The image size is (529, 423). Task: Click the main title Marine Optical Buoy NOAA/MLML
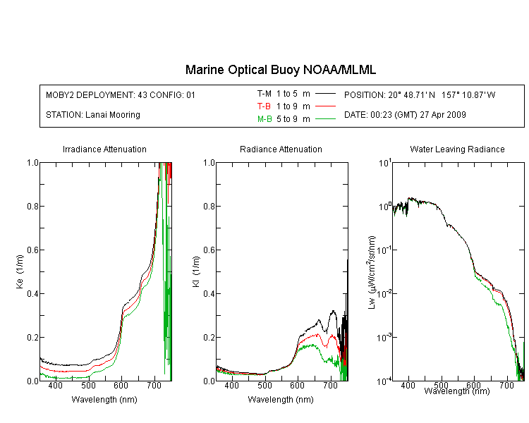click(280, 70)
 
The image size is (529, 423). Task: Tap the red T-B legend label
click(264, 106)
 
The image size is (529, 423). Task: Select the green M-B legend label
click(264, 119)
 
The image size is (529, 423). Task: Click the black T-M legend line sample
click(325, 94)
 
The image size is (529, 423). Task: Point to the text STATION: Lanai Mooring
click(93, 115)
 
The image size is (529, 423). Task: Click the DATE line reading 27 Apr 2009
click(405, 115)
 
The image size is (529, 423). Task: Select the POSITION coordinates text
click(420, 94)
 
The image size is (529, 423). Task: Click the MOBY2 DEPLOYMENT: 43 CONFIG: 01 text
click(121, 94)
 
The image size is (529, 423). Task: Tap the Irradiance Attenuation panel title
click(104, 149)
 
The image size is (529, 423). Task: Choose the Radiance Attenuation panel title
click(281, 149)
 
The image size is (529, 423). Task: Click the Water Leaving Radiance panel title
click(457, 149)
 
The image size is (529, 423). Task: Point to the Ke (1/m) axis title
click(20, 271)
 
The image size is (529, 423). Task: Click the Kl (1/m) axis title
click(196, 271)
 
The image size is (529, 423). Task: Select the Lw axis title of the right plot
click(372, 272)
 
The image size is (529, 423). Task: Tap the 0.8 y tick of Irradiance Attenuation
click(32, 206)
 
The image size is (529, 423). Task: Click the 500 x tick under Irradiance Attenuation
click(88, 385)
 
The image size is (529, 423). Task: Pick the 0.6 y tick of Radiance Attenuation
click(209, 250)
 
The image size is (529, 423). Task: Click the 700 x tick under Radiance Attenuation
click(331, 385)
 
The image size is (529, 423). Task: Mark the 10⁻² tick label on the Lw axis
click(384, 293)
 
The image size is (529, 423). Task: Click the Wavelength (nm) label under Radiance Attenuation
click(281, 400)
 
